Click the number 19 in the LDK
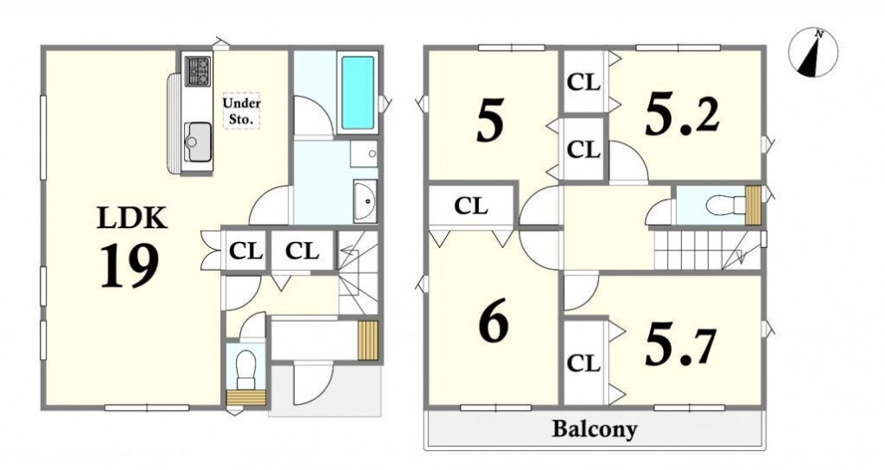[x=129, y=267]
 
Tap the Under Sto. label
[x=241, y=111]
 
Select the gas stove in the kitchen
[x=198, y=71]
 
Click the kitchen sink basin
[x=197, y=141]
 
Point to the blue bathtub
[x=357, y=93]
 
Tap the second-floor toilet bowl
[x=725, y=206]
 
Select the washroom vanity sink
[x=366, y=201]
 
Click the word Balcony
[x=594, y=429]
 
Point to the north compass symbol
[x=812, y=53]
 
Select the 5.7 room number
[x=680, y=343]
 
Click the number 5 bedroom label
[x=489, y=121]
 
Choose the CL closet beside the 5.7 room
[x=583, y=362]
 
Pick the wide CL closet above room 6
[x=471, y=206]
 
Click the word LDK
[x=132, y=218]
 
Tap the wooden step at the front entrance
[x=367, y=340]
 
